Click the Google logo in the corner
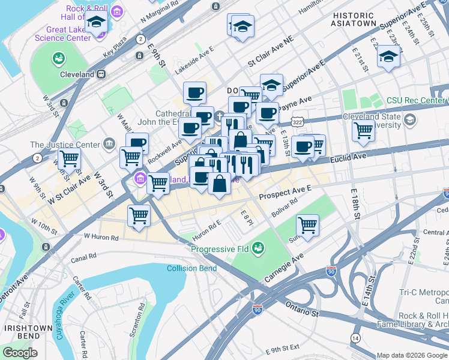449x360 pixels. pos(20,353)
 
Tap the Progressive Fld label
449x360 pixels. pos(220,249)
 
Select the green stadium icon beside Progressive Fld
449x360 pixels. pos(258,247)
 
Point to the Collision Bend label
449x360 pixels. pos(192,268)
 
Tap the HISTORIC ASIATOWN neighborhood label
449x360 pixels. pos(354,19)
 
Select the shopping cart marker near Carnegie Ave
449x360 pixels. pos(307,226)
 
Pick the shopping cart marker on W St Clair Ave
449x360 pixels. pos(70,160)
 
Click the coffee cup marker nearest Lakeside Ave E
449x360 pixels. pos(195,93)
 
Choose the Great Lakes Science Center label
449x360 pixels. pos(57,34)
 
